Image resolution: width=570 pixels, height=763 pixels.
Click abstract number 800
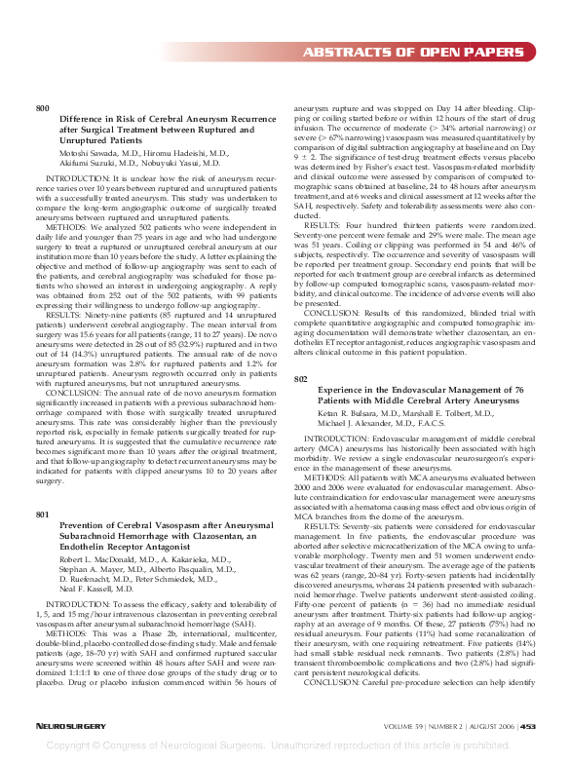click(x=42, y=107)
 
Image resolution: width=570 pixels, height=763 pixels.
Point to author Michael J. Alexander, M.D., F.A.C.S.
click(x=386, y=424)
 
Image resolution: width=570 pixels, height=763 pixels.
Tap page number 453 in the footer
click(x=527, y=726)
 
